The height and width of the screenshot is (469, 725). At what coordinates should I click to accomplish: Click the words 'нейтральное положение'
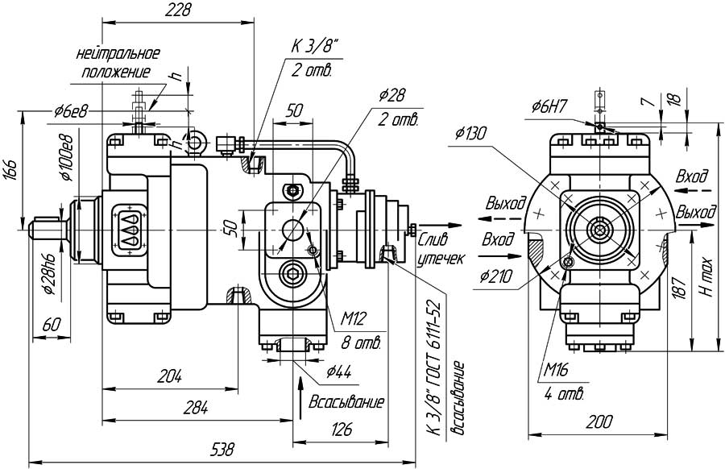tap(118, 63)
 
